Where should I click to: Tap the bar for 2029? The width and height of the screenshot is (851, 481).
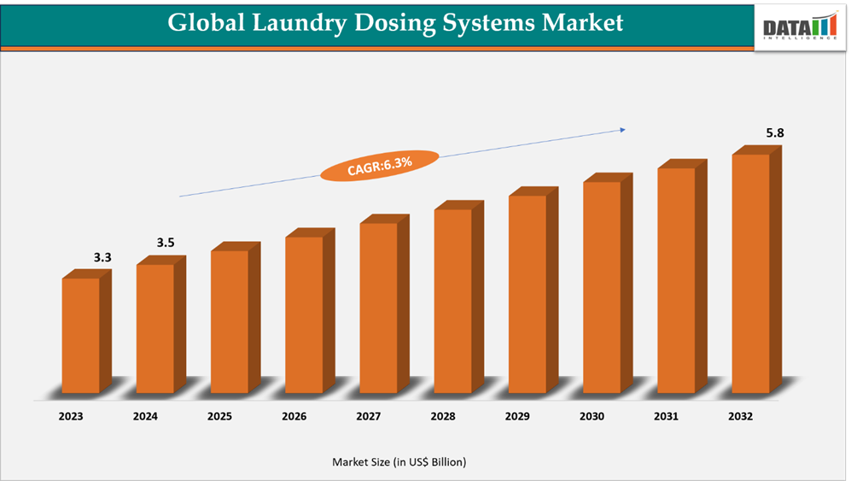click(x=528, y=294)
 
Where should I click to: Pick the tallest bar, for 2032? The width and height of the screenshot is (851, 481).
click(x=751, y=273)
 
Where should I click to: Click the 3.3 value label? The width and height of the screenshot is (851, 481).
click(x=103, y=257)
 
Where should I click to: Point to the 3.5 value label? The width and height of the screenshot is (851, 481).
click(x=166, y=243)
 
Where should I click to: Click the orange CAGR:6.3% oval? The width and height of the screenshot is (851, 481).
click(x=379, y=165)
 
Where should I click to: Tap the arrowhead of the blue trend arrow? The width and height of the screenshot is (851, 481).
click(x=622, y=130)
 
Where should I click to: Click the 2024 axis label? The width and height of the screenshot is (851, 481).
click(x=145, y=417)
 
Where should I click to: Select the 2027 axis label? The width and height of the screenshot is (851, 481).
click(x=369, y=417)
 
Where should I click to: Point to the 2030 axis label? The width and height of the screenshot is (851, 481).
click(x=592, y=417)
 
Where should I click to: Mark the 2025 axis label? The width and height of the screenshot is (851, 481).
click(x=219, y=417)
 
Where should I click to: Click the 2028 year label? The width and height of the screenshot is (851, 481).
click(x=443, y=417)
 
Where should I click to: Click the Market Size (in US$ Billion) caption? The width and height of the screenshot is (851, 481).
click(x=399, y=462)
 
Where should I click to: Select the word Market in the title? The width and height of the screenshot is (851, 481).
click(x=582, y=22)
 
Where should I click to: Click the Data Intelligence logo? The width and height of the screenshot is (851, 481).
click(x=800, y=26)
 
